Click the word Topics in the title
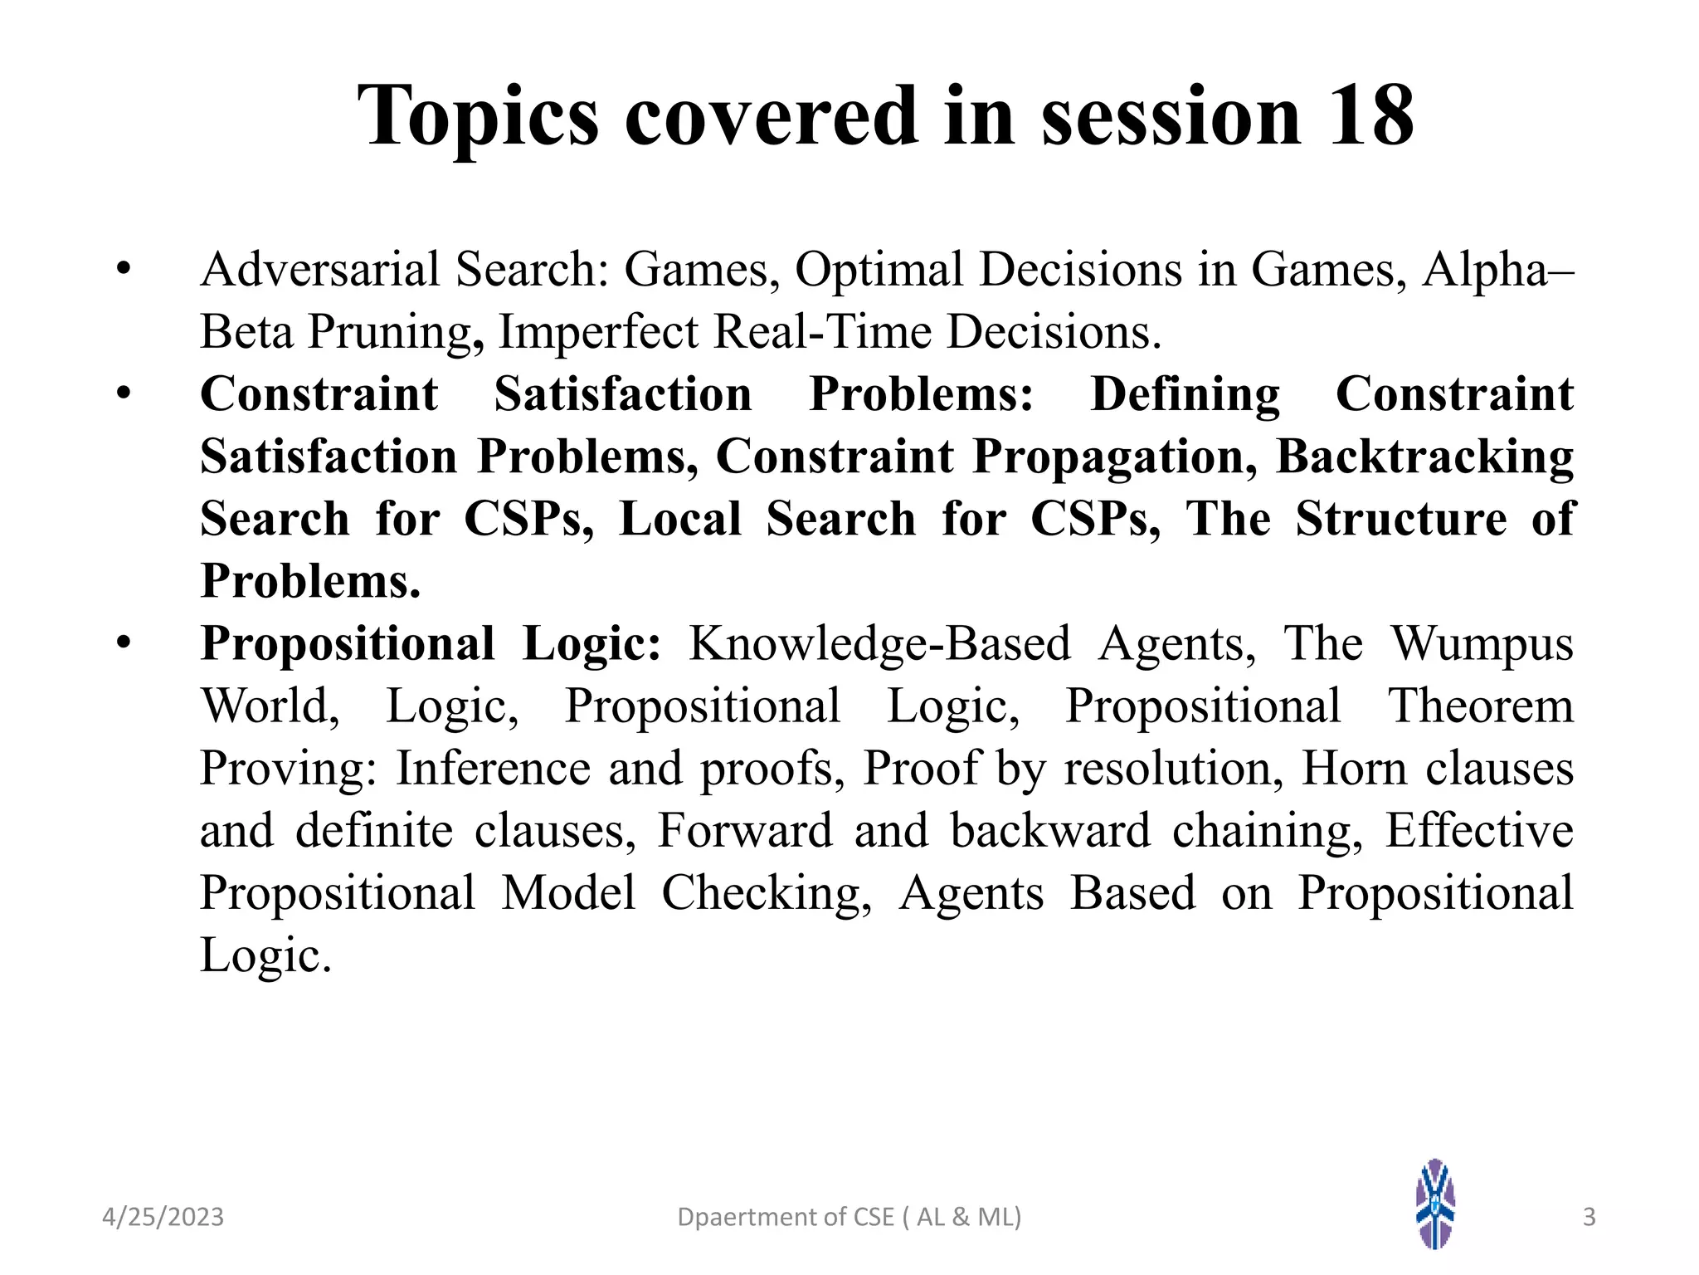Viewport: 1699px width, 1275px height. click(478, 118)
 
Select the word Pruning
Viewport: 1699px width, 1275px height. click(396, 332)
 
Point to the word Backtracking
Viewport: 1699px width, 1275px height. click(1424, 457)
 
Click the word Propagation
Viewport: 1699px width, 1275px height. click(1114, 457)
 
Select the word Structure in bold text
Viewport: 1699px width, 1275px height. click(1400, 520)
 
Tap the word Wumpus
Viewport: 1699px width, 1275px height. click(1482, 644)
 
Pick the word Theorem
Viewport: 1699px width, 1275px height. click(1481, 706)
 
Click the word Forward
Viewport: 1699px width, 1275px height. click(744, 831)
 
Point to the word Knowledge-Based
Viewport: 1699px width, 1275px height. click(879, 644)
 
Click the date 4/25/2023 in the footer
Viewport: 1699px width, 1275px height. click(163, 1217)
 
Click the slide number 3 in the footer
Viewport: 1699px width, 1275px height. click(1589, 1217)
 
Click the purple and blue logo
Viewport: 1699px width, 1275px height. click(1435, 1204)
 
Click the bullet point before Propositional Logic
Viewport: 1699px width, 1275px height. click(124, 642)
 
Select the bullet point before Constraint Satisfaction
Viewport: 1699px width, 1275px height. click(124, 393)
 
